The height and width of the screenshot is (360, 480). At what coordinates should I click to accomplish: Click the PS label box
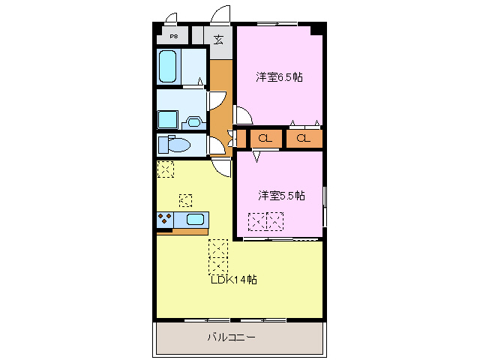point(173,36)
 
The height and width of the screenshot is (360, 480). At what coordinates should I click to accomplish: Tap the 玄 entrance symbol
point(218,39)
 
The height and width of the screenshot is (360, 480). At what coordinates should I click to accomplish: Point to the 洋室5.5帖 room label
point(281,196)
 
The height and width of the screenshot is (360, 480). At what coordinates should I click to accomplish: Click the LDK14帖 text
point(234,280)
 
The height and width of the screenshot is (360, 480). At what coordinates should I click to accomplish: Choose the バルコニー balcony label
point(231,337)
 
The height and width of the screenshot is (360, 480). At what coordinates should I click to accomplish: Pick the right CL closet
point(304,139)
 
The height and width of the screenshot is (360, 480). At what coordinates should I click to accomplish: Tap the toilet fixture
point(177,144)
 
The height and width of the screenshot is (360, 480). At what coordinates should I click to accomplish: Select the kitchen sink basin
point(195,220)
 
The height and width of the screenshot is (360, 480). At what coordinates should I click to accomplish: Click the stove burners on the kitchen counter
point(164,220)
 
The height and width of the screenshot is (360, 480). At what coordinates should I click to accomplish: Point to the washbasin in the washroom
point(193,120)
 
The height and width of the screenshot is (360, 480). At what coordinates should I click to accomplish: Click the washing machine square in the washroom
point(166,120)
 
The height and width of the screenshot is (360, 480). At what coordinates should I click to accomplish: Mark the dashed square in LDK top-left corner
point(165,169)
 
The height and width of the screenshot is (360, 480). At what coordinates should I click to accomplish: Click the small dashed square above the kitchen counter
point(185,200)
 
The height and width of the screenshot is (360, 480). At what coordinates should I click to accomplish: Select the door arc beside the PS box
point(171,19)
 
